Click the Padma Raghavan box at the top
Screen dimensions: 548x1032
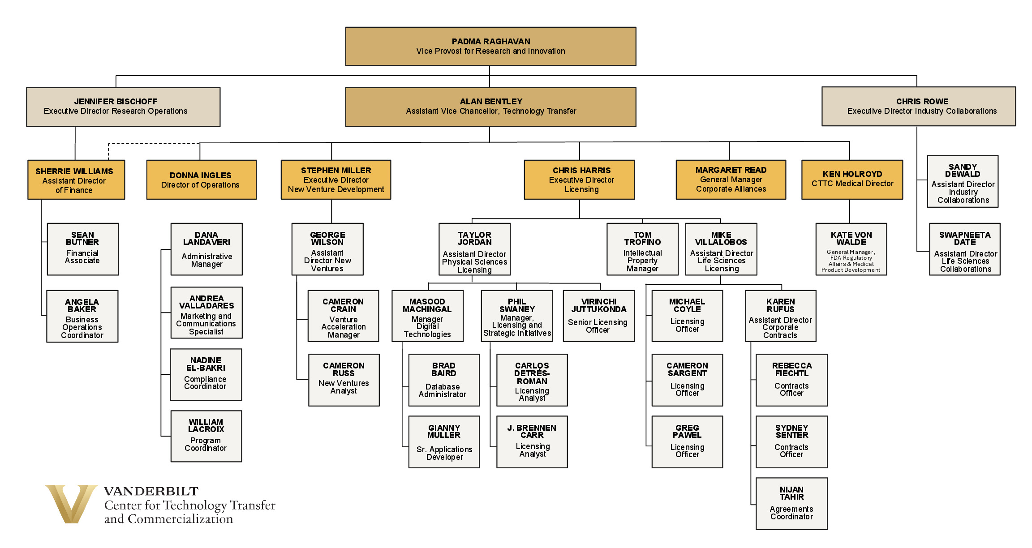point(490,47)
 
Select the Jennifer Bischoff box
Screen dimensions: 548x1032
point(123,107)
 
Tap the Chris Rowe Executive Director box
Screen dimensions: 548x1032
point(918,107)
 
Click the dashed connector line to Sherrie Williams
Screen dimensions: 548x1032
point(152,144)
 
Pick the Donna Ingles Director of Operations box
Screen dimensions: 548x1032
point(201,180)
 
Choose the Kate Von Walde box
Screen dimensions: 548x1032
point(851,249)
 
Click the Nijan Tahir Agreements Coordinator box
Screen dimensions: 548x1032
point(791,504)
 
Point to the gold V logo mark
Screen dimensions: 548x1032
point(71,504)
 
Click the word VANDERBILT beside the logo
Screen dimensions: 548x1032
point(151,491)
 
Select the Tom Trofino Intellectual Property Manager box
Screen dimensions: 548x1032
point(642,249)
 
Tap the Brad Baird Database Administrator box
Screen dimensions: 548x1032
point(444,380)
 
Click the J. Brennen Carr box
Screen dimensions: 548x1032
point(532,442)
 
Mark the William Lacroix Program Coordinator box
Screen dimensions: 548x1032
point(206,436)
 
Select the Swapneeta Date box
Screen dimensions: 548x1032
point(964,249)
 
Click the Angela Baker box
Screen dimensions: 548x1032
point(82,317)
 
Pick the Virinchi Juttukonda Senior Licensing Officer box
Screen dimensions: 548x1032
point(598,316)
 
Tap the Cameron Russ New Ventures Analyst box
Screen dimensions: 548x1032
point(344,380)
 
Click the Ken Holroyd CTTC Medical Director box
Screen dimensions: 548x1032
point(852,180)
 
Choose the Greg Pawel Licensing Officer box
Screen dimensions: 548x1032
point(687,442)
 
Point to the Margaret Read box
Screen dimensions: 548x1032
point(731,180)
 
